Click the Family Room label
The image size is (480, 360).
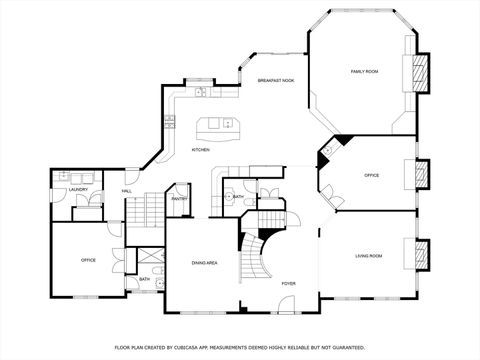(x=364, y=72)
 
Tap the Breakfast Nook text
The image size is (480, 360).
(x=275, y=80)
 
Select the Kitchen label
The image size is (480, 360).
(x=200, y=150)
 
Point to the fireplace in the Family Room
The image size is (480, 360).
(x=422, y=72)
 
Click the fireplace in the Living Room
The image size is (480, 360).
(x=422, y=252)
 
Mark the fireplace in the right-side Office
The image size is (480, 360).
(x=422, y=174)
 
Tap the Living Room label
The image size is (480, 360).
(x=368, y=257)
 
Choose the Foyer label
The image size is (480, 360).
(x=288, y=284)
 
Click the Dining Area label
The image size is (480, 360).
(x=205, y=263)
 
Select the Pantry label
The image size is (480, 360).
(x=179, y=199)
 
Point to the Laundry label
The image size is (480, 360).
(x=78, y=190)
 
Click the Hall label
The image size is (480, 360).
(x=127, y=190)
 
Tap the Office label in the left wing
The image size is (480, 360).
(x=88, y=260)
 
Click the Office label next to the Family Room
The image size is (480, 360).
(x=371, y=176)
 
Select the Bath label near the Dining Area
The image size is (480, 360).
(x=144, y=280)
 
